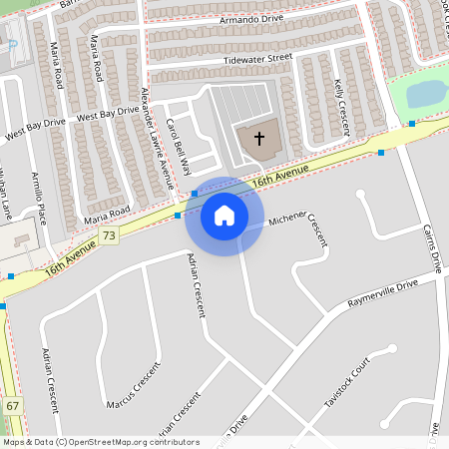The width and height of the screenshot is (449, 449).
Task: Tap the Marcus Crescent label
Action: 133,386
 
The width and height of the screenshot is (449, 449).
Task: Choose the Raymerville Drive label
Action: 382,291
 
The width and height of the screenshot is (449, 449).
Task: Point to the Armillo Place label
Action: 41,198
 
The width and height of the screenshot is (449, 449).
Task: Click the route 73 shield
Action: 109,235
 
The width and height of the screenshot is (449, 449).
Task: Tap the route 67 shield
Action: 13,406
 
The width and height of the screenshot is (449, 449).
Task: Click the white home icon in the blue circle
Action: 224,216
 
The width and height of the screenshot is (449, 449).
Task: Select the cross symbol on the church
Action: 259,138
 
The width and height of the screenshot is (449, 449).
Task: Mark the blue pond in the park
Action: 427,94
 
